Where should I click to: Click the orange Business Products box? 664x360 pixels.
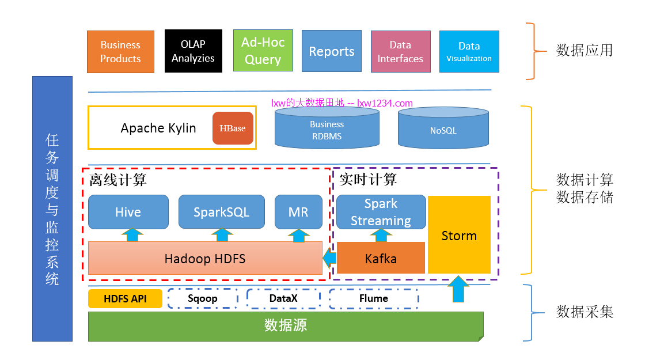point(120,52)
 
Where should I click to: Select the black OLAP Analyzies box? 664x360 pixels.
point(193,51)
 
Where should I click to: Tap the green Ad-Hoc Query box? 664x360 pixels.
point(263,51)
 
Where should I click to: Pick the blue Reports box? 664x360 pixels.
point(331,51)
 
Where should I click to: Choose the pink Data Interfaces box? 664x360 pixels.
point(400,51)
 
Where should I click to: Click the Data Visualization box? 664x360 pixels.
point(469,51)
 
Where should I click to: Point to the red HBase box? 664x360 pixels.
point(233,128)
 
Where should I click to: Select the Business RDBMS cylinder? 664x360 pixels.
point(327,129)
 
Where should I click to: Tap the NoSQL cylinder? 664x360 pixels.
point(443,129)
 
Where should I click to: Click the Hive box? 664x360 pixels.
point(128,212)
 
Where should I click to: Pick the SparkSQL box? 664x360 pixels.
point(221,212)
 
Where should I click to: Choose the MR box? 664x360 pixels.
point(298,212)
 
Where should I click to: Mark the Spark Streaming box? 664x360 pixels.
point(381,212)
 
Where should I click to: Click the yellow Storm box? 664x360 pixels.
point(459,235)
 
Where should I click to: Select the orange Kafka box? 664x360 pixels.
point(381,258)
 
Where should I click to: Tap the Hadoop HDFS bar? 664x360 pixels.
point(205,258)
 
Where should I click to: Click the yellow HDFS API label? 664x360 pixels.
point(125,298)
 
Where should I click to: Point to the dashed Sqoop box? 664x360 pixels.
point(202,298)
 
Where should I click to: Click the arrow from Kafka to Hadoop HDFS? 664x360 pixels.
point(329,258)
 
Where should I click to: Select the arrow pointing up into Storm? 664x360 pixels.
point(458,289)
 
